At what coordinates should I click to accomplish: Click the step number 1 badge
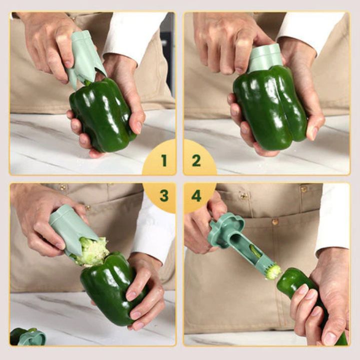click(163, 160)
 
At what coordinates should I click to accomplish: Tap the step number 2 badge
click(196, 160)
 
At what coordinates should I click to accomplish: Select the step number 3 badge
click(163, 195)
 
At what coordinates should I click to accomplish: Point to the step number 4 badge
click(196, 195)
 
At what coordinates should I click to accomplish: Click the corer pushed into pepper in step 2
click(264, 57)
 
